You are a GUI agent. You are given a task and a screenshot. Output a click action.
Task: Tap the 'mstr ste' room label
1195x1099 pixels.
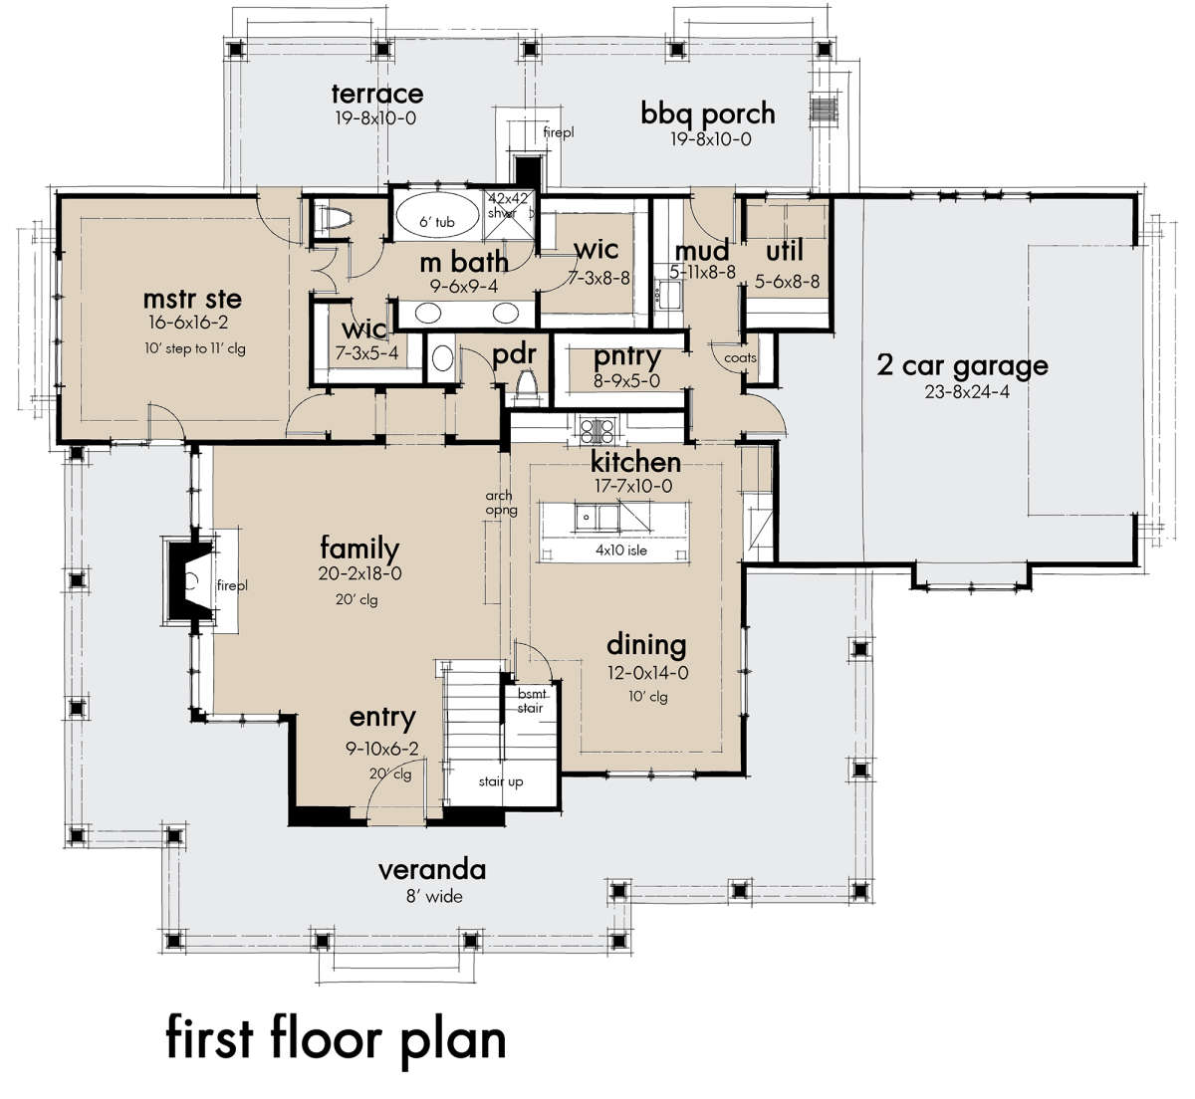(x=192, y=299)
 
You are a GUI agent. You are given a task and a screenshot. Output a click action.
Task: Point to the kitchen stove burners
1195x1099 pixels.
(x=597, y=430)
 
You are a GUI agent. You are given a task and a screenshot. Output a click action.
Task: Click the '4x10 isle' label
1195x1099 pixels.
(x=621, y=550)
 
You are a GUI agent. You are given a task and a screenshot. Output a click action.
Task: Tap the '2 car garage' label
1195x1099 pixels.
(x=962, y=365)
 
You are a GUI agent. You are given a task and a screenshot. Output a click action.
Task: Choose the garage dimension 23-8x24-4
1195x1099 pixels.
(x=967, y=392)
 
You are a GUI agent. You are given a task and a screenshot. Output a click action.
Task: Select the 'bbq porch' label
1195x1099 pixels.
(x=708, y=113)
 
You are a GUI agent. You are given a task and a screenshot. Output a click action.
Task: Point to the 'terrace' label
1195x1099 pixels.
(x=377, y=94)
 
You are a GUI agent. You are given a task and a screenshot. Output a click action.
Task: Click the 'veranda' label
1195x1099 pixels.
(x=432, y=870)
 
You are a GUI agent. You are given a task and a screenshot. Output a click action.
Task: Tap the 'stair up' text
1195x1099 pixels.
(x=501, y=781)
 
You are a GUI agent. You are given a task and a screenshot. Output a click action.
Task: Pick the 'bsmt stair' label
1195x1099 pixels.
(x=531, y=701)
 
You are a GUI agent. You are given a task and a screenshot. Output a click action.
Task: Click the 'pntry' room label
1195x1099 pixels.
(x=626, y=357)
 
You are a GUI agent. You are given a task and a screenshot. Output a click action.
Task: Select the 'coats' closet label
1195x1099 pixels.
(x=741, y=358)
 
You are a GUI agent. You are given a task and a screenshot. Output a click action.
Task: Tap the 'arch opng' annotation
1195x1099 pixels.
(x=501, y=503)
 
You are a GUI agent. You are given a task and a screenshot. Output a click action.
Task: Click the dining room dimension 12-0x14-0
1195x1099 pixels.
(x=647, y=673)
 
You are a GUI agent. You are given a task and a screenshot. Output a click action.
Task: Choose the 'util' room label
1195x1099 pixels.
(x=785, y=251)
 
